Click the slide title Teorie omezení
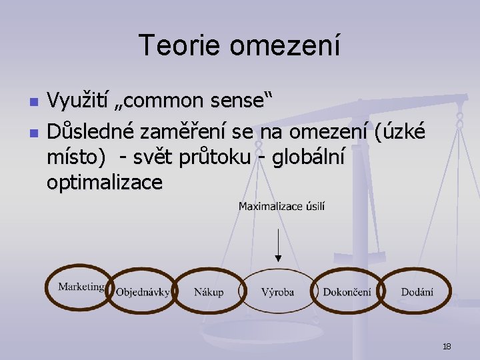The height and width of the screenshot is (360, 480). point(239,45)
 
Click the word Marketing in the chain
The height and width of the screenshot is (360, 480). point(81,287)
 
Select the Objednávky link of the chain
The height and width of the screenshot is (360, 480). point(142,292)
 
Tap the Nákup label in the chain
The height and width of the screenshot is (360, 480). point(209,292)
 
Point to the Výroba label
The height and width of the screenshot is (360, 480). point(277,292)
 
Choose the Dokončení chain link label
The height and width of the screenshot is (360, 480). point(347,292)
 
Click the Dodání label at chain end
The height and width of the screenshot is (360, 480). point(417,292)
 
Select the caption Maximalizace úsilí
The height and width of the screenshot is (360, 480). point(281,207)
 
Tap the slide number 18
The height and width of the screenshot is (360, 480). point(447,347)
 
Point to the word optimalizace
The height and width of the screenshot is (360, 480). point(104,183)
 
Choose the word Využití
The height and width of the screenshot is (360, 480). point(78,103)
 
